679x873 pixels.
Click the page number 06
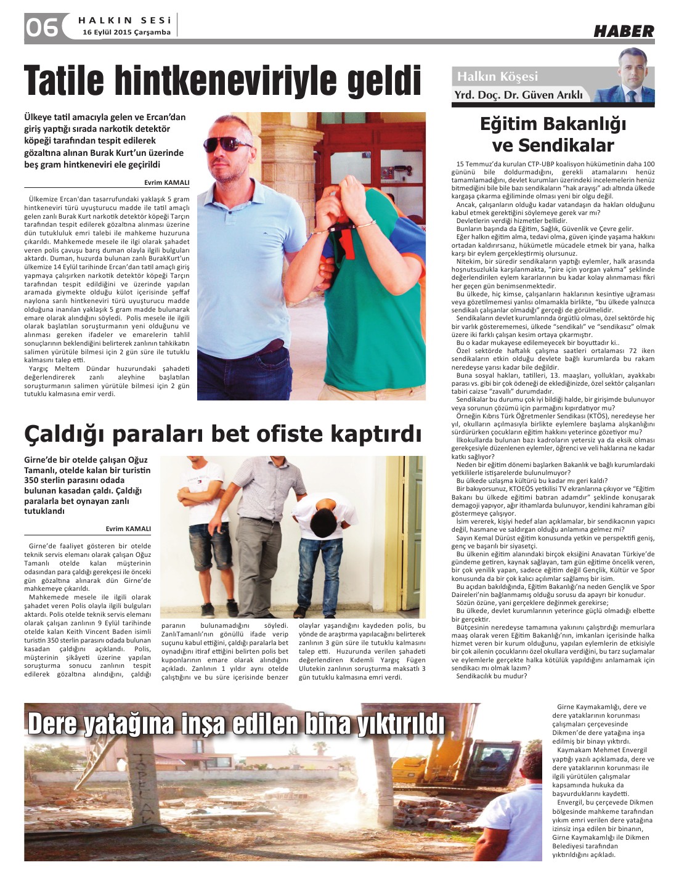coord(41,27)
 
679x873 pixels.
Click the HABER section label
coord(624,31)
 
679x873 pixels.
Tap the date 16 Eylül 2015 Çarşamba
coord(126,33)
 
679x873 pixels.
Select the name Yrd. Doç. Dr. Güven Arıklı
coord(518,95)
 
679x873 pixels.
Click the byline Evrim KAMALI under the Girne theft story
coord(128,529)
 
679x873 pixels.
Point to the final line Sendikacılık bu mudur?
coord(491,676)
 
